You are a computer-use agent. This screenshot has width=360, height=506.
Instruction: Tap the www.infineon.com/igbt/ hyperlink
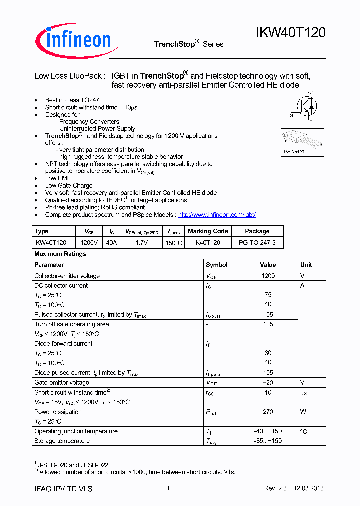(217, 215)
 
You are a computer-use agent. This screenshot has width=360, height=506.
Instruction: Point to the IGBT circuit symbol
(305, 106)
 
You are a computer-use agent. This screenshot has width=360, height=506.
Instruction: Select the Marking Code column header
(208, 231)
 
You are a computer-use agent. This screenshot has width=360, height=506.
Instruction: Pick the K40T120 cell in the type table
(208, 242)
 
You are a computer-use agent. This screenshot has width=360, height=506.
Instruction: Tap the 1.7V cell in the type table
(141, 242)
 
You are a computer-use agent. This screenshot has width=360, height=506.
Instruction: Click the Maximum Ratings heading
(60, 254)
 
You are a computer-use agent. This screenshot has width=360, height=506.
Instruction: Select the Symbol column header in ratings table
(216, 265)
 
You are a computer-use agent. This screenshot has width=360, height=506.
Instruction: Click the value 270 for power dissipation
(268, 412)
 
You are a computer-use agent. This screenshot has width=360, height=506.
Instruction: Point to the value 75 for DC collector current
(268, 295)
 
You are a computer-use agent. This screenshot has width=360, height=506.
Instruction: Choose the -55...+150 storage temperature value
(268, 441)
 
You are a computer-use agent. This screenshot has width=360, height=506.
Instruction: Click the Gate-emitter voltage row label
(61, 382)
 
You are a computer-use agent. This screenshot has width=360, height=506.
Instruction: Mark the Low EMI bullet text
(57, 178)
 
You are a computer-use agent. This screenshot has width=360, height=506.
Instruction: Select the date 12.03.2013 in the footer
(313, 489)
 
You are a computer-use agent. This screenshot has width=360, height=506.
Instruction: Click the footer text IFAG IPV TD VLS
(63, 489)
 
